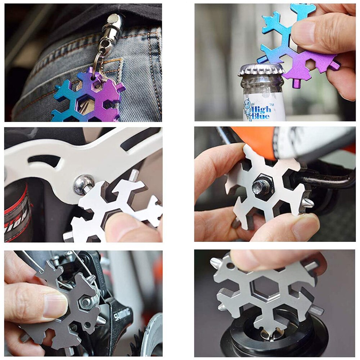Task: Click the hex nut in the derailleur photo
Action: point(87,302)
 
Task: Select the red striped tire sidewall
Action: point(16,212)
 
